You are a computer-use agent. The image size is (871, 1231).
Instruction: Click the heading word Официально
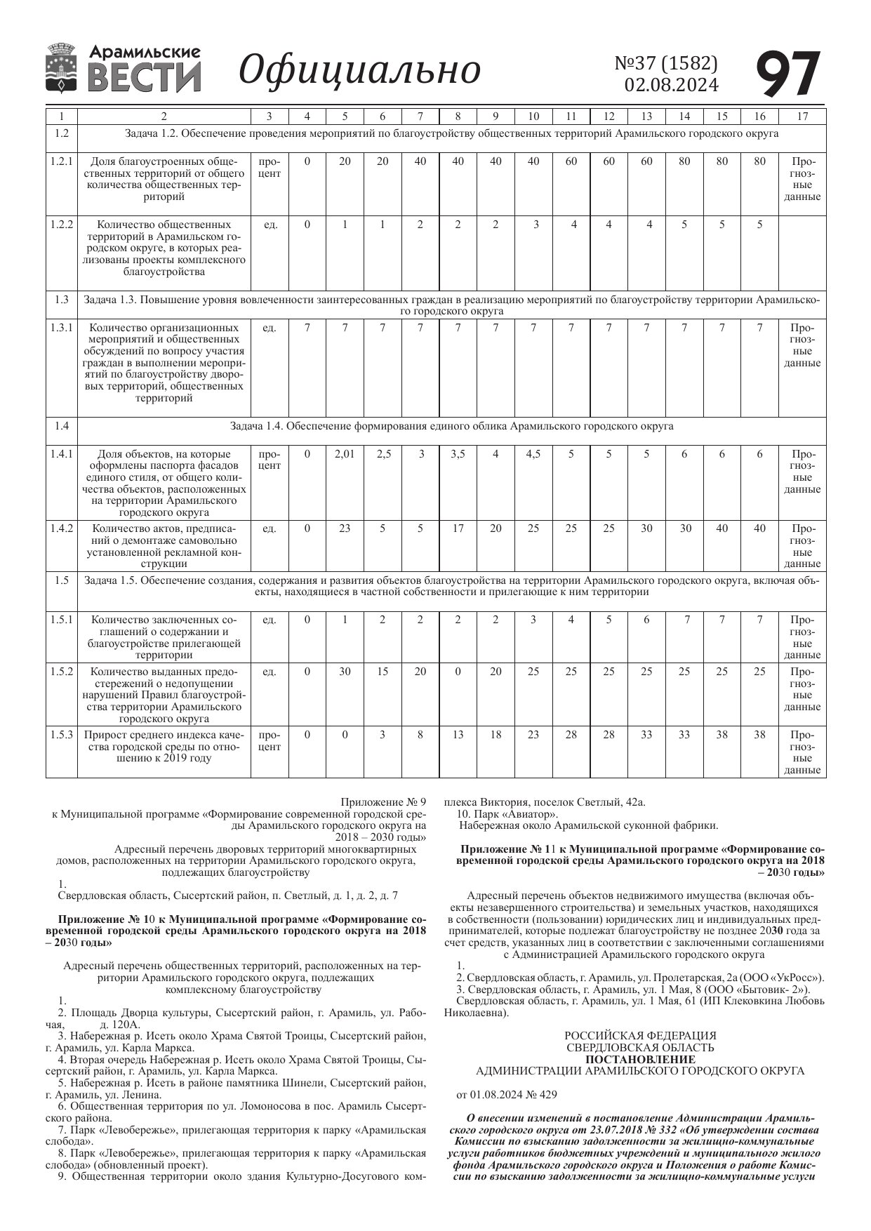point(359,70)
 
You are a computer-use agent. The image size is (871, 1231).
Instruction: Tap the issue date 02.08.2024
point(671,85)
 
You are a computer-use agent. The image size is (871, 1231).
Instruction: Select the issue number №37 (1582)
point(666,63)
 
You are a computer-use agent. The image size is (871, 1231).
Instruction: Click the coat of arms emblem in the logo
point(62,68)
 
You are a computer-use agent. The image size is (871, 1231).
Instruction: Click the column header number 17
point(802,117)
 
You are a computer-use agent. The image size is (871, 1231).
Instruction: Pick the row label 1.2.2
point(61,225)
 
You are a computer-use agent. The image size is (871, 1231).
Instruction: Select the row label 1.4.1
point(61,454)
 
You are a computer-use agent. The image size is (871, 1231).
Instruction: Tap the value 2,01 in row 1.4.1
point(345,454)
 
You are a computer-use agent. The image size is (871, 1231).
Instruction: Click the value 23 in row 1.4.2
point(345,528)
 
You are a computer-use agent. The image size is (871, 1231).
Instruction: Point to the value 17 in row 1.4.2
point(458,528)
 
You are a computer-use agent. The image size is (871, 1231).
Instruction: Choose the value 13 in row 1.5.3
point(458,735)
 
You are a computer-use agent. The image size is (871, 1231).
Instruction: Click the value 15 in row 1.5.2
point(383,672)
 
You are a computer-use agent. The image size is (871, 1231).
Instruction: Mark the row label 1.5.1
point(61,620)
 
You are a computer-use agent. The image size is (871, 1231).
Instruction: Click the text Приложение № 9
point(383,802)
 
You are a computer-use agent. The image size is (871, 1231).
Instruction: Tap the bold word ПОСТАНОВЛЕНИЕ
point(640,1059)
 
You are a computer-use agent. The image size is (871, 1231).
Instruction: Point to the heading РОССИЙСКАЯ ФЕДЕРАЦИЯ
point(640,1035)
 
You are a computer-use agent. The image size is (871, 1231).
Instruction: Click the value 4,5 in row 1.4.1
point(533,454)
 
